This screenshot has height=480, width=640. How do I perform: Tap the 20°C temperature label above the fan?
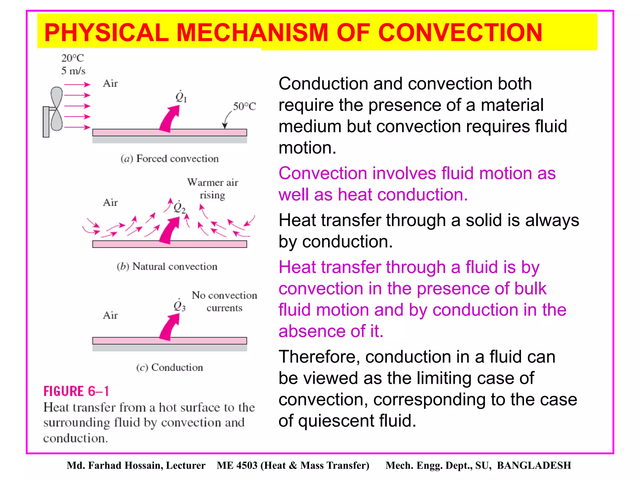coord(72,58)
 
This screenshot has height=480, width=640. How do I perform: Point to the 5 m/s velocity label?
coord(73,71)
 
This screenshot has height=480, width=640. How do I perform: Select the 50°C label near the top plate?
coord(244,107)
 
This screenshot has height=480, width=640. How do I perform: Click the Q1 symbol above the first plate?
coord(181,97)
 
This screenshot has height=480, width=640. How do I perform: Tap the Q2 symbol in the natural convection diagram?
coord(179,207)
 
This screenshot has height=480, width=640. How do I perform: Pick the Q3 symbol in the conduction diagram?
coord(179,305)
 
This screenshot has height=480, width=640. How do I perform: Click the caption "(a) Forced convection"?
coord(169,159)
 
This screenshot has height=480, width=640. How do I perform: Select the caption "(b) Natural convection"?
coord(167,267)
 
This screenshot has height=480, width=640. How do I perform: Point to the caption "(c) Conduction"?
coord(169,367)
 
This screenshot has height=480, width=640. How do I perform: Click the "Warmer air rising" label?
coord(212,189)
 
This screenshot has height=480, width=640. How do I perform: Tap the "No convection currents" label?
coord(224,301)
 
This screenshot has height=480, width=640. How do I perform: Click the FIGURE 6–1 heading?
coord(76,391)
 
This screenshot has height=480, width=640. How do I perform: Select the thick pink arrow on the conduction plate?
coord(170,327)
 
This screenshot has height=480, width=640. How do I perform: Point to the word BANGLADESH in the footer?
coord(534,465)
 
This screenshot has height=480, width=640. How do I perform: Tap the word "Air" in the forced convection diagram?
coord(110,84)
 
